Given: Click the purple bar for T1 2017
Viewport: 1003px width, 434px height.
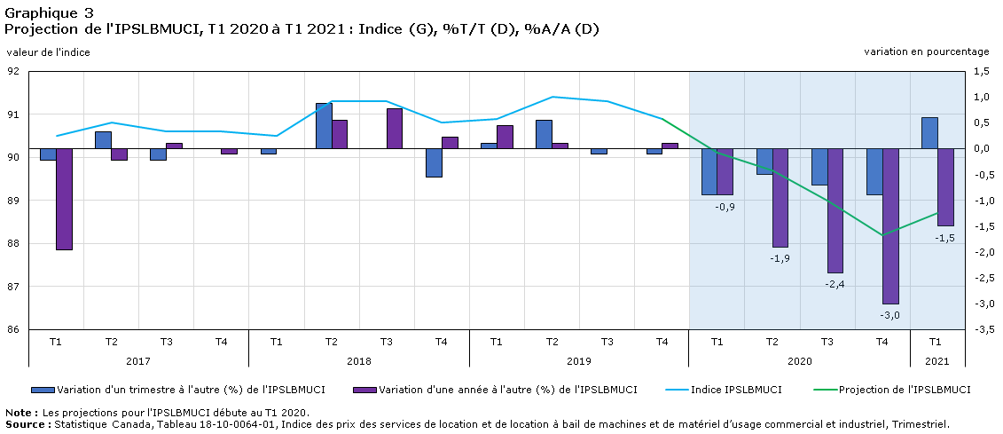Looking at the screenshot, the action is point(64,199).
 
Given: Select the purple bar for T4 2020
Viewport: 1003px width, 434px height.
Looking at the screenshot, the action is point(890,226).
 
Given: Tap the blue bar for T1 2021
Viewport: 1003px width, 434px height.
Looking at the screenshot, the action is point(929,133).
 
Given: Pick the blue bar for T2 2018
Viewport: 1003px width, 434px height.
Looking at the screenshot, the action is point(324,125).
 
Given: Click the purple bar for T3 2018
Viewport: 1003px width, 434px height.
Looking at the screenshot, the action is point(395,129).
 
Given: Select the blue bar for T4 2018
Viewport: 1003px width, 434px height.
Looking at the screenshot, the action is point(435,162).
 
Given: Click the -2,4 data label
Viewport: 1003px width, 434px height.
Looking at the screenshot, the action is point(835,284).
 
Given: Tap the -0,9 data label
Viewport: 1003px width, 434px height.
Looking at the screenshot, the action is point(725,206).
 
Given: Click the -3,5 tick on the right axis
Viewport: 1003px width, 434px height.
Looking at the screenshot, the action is point(980,329).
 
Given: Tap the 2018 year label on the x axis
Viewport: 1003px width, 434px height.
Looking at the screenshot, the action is point(359,361).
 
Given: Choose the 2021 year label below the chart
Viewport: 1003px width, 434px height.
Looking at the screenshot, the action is point(938,361).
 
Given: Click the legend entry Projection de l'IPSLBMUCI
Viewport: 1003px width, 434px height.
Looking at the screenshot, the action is point(891,390).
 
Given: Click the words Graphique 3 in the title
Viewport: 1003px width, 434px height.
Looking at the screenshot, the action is point(48,12).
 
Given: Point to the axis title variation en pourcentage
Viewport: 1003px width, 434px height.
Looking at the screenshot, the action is point(929,51).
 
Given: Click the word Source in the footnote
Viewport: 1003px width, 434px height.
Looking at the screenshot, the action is point(25,423).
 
